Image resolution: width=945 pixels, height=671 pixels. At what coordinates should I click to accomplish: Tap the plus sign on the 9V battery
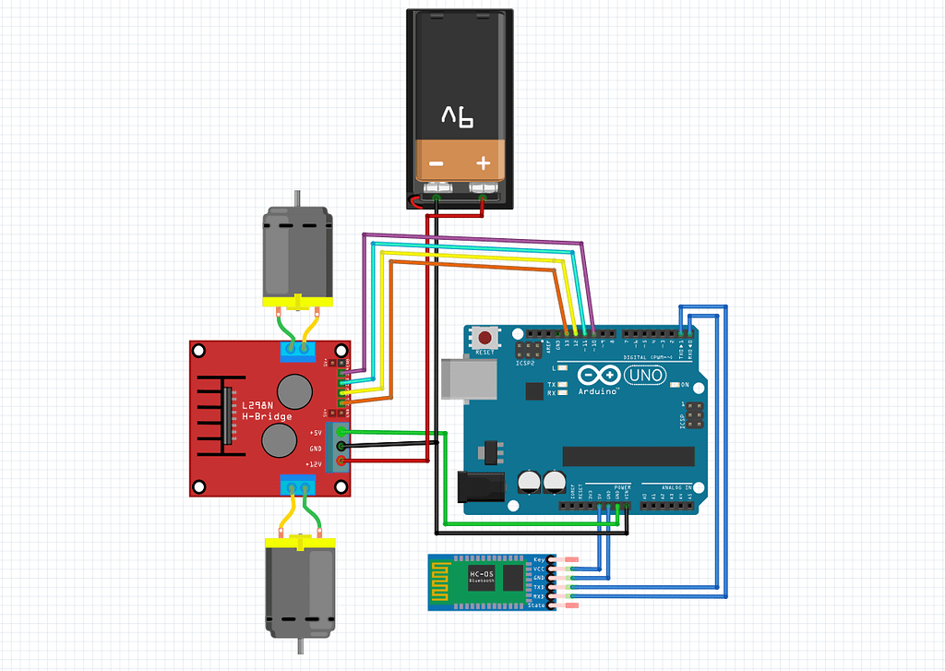(x=483, y=164)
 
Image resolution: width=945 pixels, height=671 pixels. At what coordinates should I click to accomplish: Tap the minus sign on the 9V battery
(x=436, y=164)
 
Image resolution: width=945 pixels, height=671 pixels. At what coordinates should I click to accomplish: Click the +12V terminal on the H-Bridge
(x=342, y=462)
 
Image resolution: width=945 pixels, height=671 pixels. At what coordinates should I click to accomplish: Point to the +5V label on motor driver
(x=316, y=432)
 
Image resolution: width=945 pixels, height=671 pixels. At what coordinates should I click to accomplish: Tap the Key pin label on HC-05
(x=539, y=560)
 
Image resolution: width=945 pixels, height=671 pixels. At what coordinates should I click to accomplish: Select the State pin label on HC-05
(x=538, y=606)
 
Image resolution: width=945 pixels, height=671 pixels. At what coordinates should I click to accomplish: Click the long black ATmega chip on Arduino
(x=628, y=456)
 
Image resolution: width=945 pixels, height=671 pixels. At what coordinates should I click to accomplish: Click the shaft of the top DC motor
(x=296, y=198)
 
